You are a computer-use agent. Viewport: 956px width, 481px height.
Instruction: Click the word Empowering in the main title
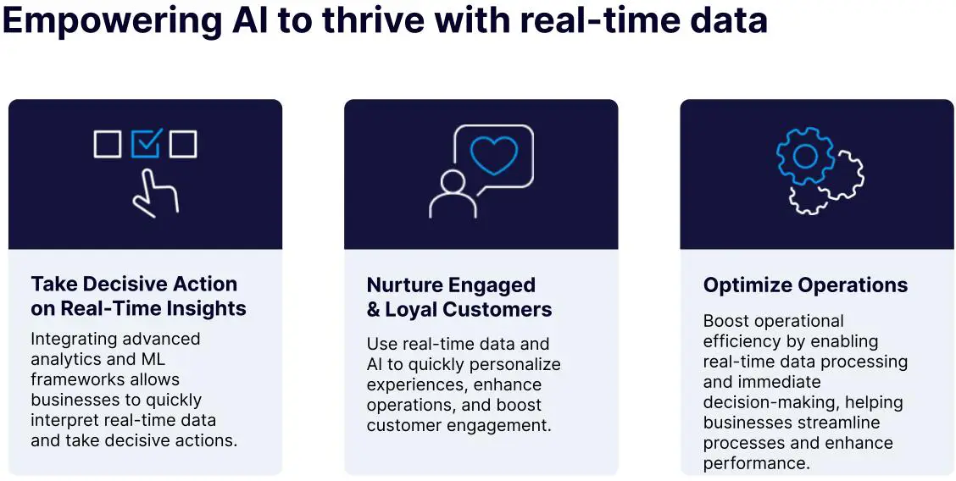113,20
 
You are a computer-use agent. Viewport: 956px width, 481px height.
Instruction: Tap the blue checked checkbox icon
146,144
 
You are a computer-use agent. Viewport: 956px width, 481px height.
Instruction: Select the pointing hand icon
155,193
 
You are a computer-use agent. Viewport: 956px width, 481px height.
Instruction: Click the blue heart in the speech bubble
494,155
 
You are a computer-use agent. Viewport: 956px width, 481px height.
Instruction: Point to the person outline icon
453,194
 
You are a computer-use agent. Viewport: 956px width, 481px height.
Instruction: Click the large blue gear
805,156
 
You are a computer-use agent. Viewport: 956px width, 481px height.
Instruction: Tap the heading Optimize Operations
805,285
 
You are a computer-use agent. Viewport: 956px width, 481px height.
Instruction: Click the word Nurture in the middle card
404,285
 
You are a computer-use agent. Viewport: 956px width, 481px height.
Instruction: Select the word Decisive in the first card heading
126,284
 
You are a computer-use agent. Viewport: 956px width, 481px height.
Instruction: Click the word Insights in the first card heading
208,308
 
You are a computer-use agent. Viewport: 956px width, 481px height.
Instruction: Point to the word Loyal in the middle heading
412,309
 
